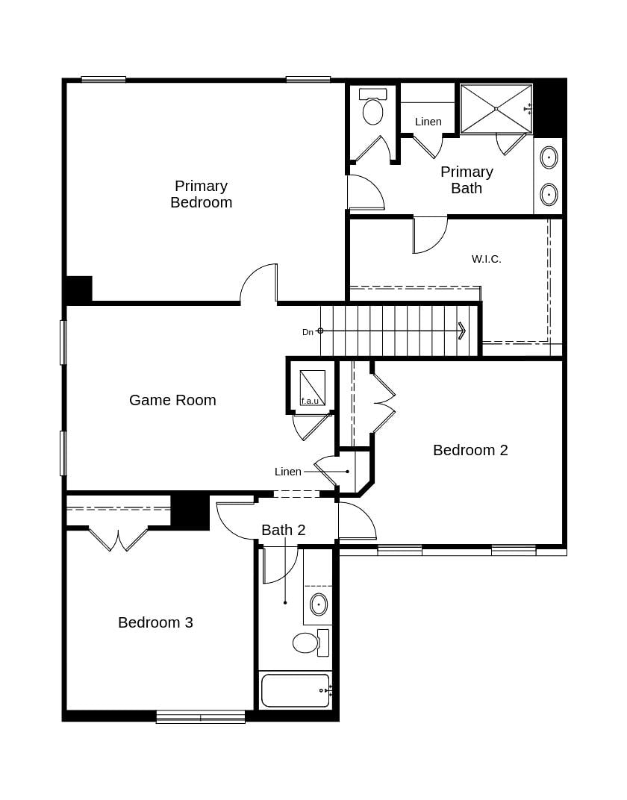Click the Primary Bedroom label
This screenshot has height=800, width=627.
pyautogui.click(x=201, y=194)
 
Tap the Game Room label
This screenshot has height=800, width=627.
pyautogui.click(x=172, y=400)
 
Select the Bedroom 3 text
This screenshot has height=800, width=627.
pyautogui.click(x=155, y=622)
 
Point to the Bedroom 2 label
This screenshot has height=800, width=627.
pyautogui.click(x=470, y=450)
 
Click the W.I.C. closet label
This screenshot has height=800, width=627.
pyautogui.click(x=486, y=259)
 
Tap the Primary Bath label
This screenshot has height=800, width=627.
pyautogui.click(x=467, y=180)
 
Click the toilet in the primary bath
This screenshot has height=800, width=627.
pyautogui.click(x=372, y=108)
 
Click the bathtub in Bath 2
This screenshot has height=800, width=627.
pyautogui.click(x=295, y=690)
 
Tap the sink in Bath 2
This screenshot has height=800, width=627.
pyautogui.click(x=319, y=604)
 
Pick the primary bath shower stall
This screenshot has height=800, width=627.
pyautogui.click(x=496, y=109)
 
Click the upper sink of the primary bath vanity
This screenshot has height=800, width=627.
pyautogui.click(x=549, y=157)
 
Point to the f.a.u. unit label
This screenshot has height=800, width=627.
pyautogui.click(x=310, y=401)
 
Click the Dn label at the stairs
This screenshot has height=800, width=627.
pyautogui.click(x=308, y=332)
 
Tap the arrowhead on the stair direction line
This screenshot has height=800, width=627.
pyautogui.click(x=462, y=331)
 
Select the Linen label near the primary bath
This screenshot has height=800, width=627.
pyautogui.click(x=428, y=122)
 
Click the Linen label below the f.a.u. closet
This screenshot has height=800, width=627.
pyautogui.click(x=288, y=472)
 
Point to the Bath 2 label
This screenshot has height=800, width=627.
pyautogui.click(x=283, y=530)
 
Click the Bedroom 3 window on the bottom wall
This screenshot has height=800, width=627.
pyautogui.click(x=200, y=717)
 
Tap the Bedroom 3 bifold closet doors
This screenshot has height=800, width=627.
pyautogui.click(x=118, y=539)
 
